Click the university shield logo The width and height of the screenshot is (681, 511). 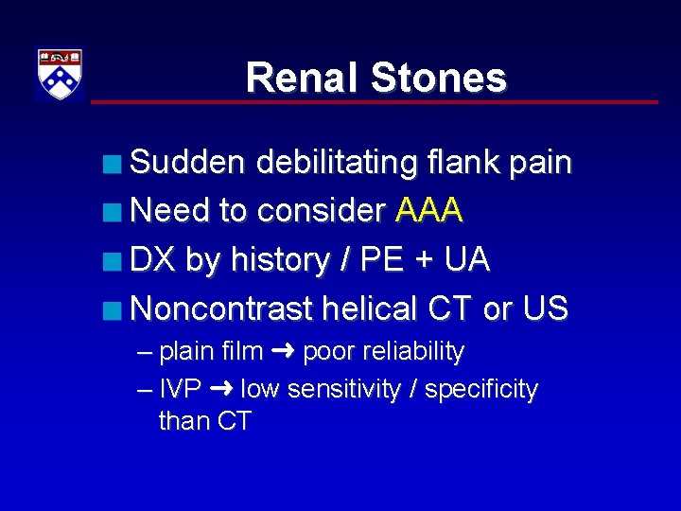(60, 74)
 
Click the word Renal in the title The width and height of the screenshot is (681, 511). (302, 78)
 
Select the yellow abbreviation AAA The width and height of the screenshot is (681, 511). (429, 210)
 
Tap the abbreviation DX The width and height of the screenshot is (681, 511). (153, 259)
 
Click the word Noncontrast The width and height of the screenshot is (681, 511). (222, 308)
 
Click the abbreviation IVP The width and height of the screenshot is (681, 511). (180, 389)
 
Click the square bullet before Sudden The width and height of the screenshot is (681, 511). (114, 165)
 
